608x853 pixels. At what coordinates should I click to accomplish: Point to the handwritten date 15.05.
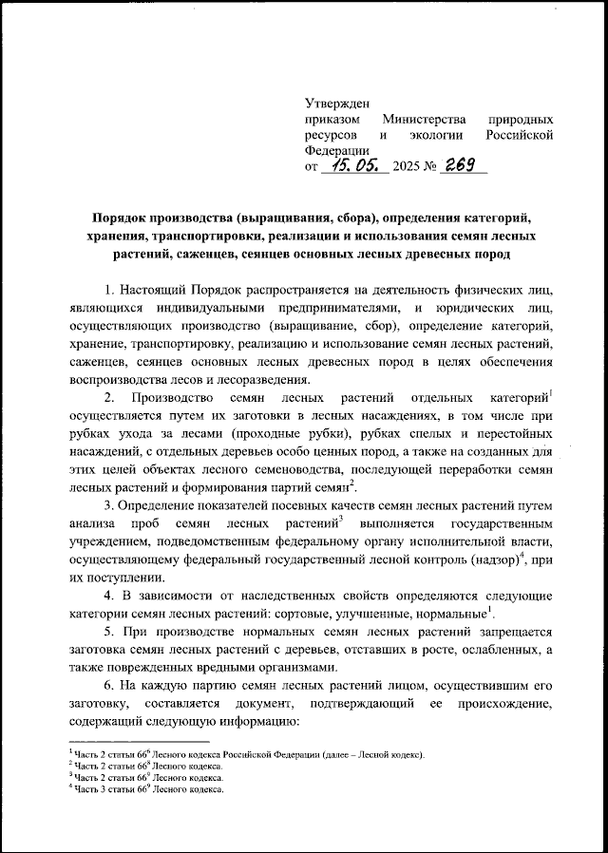click(351, 166)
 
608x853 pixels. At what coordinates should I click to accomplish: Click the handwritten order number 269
click(463, 166)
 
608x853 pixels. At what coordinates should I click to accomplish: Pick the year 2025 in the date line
click(406, 167)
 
